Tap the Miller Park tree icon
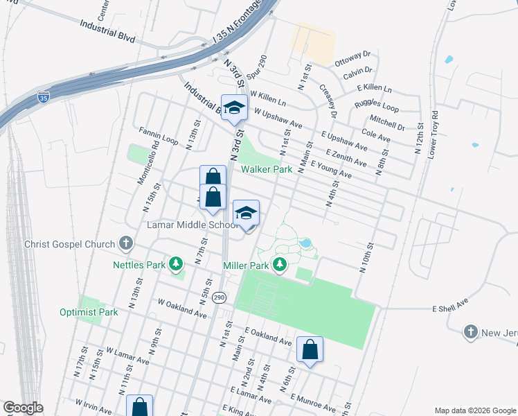click(x=280, y=264)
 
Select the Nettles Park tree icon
click(x=177, y=263)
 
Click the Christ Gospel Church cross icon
click(x=125, y=243)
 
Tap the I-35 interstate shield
click(x=44, y=97)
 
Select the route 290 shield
click(x=220, y=297)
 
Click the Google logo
click(x=22, y=408)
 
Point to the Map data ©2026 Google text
click(x=474, y=410)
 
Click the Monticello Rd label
click(x=150, y=166)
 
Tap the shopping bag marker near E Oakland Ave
click(x=310, y=350)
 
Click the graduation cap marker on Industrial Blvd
click(x=234, y=108)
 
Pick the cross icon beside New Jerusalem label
click(x=472, y=331)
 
